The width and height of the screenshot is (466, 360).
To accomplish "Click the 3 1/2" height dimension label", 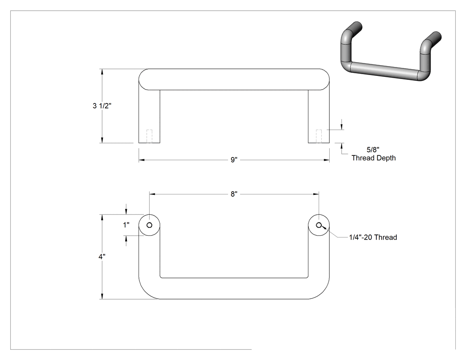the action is point(102,106).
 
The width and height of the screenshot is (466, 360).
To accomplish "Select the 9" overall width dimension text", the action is point(234,160).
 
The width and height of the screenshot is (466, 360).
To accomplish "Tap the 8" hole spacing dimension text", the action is point(234,194).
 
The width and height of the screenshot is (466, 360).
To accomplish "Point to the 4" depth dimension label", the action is point(102,257).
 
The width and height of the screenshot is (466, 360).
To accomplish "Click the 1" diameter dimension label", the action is point(126,225).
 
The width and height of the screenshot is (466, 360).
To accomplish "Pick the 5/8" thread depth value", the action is point(373,150).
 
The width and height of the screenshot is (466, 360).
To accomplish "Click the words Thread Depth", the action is point(374,158).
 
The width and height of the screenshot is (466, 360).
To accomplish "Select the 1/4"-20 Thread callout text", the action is point(373,237).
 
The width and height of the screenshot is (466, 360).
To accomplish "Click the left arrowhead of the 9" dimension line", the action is point(142,160).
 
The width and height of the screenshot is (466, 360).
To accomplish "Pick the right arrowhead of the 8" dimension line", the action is point(316,194).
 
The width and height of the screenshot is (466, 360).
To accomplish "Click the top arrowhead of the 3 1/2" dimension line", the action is point(102,71).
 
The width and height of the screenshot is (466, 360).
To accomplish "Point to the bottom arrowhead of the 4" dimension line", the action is point(102,297).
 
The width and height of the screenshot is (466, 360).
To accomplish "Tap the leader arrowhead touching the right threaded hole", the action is point(324,228).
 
